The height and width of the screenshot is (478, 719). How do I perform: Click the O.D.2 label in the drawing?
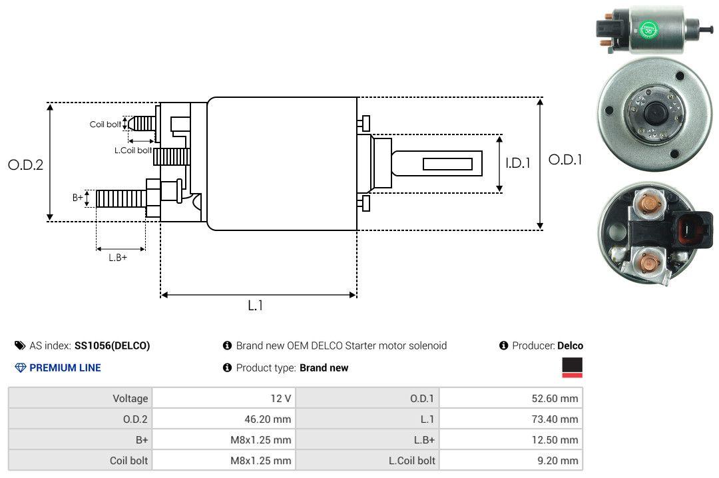[26, 164]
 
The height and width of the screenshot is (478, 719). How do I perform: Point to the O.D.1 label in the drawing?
[565, 160]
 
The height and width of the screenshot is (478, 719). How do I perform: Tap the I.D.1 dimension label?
[518, 163]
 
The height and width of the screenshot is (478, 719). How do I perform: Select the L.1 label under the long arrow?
[256, 306]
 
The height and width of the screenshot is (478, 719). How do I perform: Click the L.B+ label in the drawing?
[118, 258]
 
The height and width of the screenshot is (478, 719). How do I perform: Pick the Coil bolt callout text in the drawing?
[105, 124]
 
